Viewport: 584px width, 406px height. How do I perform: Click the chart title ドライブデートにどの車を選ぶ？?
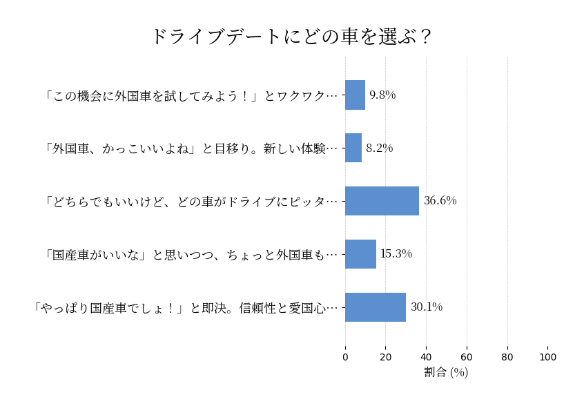click(291, 36)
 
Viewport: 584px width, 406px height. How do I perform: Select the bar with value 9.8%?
click(355, 95)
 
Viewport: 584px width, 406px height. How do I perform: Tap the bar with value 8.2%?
click(353, 148)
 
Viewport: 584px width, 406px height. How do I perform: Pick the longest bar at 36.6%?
click(382, 201)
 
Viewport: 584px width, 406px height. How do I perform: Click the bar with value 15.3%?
click(360, 254)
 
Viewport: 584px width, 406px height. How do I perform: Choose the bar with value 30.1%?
click(376, 307)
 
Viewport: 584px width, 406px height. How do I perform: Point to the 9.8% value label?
click(382, 95)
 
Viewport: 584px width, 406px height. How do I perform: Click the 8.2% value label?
click(379, 148)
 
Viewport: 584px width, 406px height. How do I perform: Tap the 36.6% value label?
click(440, 201)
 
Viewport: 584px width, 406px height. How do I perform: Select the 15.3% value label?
click(396, 254)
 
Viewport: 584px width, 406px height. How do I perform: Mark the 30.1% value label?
click(427, 307)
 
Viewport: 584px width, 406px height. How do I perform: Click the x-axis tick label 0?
click(345, 357)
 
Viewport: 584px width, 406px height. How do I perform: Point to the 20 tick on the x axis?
click(386, 357)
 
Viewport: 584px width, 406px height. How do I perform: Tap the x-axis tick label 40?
click(426, 357)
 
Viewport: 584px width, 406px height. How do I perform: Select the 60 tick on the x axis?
click(467, 357)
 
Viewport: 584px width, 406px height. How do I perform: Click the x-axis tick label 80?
click(507, 357)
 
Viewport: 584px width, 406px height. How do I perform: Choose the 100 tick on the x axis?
click(548, 357)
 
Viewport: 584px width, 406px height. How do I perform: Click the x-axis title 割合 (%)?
click(446, 372)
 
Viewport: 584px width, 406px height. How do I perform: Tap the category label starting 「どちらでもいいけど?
click(191, 201)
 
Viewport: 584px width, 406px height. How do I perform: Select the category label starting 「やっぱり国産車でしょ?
click(185, 307)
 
